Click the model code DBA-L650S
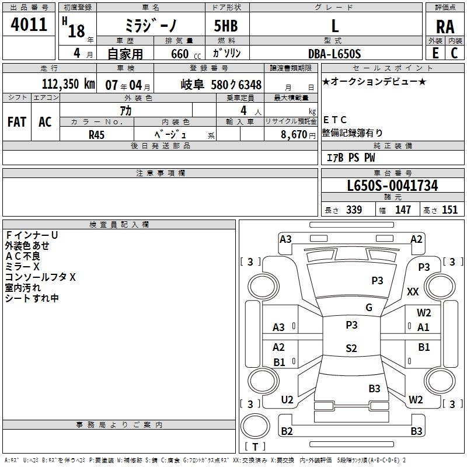pyautogui.click(x=334, y=54)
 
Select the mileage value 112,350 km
pyautogui.click(x=67, y=84)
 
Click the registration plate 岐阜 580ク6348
pyautogui.click(x=221, y=84)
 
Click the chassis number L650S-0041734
pyautogui.click(x=392, y=186)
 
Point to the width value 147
pyautogui.click(x=403, y=210)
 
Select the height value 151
pyautogui.click(x=449, y=210)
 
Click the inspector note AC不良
pyautogui.click(x=23, y=256)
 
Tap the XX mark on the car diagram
pyautogui.click(x=413, y=291)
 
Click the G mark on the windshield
pyautogui.click(x=368, y=308)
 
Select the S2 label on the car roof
pyautogui.click(x=351, y=348)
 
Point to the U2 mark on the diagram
pyautogui.click(x=287, y=400)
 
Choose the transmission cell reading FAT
pyautogui.click(x=17, y=122)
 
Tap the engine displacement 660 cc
pyautogui.click(x=180, y=54)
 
